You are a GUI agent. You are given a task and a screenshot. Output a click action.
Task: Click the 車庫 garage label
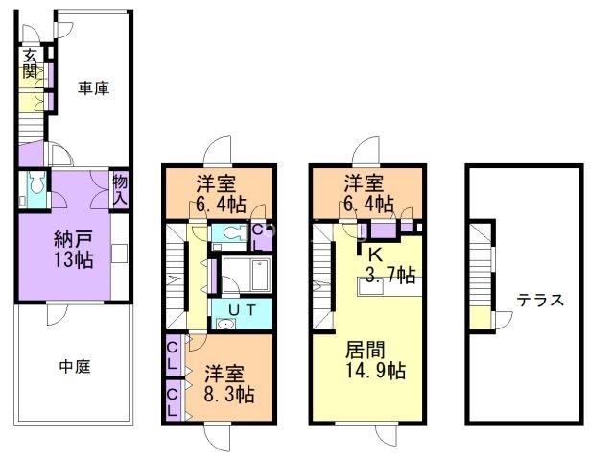tap(93, 88)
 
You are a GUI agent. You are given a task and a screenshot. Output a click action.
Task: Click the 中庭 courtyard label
tap(74, 366)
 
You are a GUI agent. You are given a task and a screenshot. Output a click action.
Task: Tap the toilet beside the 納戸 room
tap(35, 186)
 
